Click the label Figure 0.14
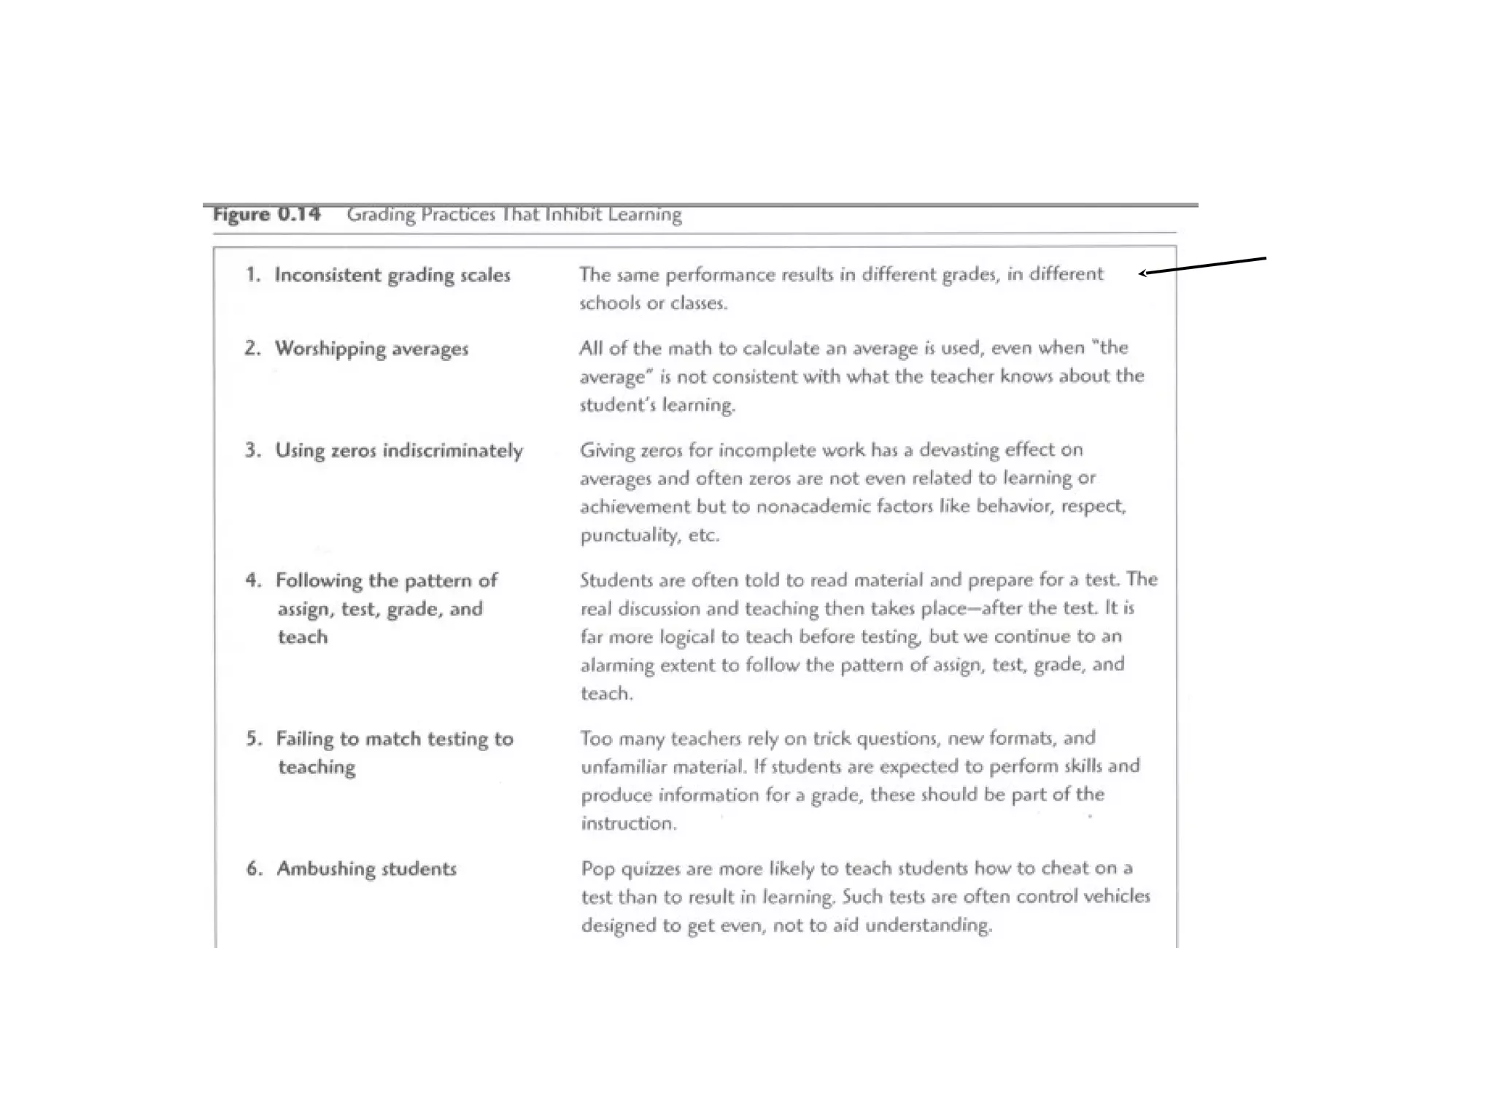pyautogui.click(x=266, y=214)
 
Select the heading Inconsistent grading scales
pyautogui.click(x=392, y=275)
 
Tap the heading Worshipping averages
pyautogui.click(x=371, y=349)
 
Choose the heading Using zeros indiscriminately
pyautogui.click(x=398, y=451)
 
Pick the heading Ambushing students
pyautogui.click(x=366, y=868)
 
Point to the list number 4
pyautogui.click(x=252, y=580)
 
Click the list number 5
pyautogui.click(x=253, y=739)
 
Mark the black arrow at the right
pyautogui.click(x=1204, y=265)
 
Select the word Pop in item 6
pyautogui.click(x=595, y=868)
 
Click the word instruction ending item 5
pyautogui.click(x=628, y=823)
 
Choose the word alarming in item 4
pyautogui.click(x=617, y=665)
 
